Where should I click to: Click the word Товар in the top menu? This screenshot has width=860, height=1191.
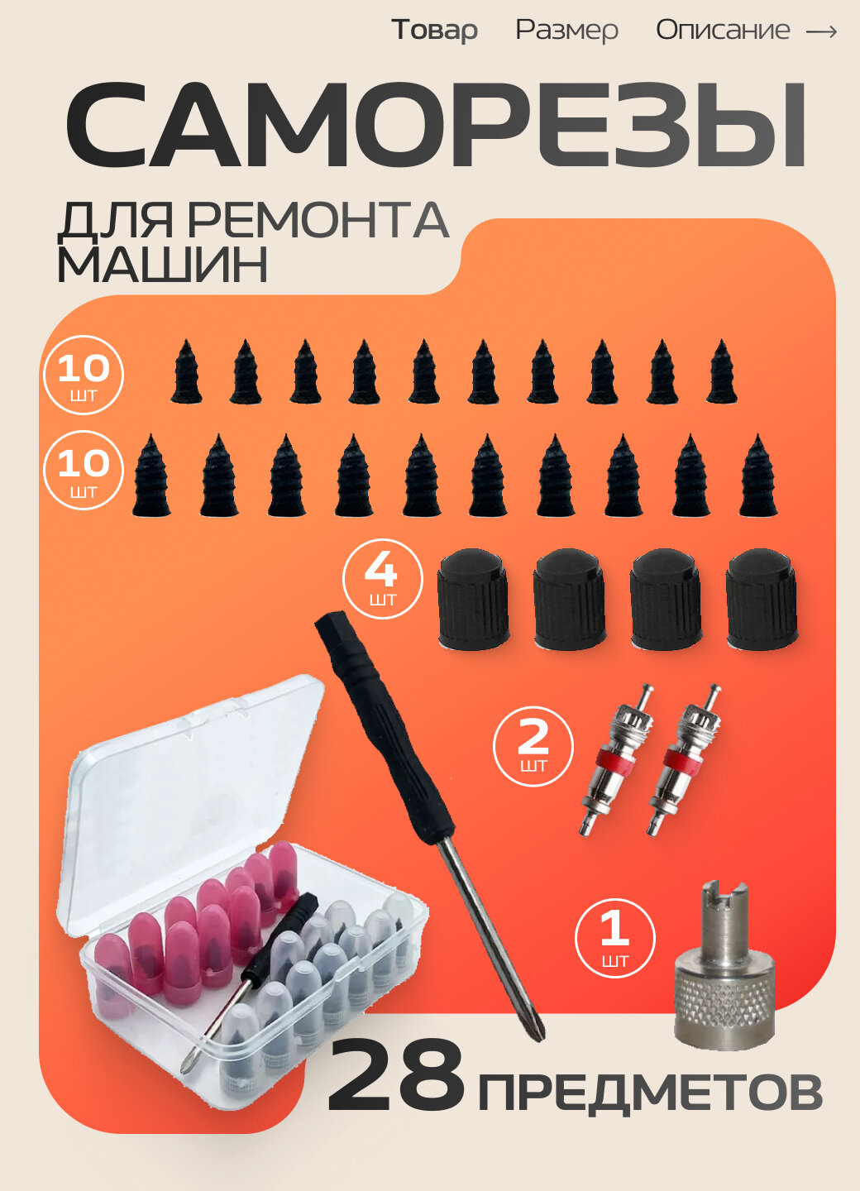[x=434, y=30]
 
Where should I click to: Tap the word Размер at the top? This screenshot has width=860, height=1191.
[x=566, y=30]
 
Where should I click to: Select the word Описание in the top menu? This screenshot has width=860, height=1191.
[x=723, y=30]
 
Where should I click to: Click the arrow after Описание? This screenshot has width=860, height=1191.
[x=821, y=31]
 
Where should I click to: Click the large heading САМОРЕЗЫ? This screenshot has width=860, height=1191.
[x=436, y=127]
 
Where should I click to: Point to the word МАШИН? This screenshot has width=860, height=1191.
[x=162, y=265]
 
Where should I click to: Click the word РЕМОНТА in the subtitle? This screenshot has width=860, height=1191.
[x=318, y=221]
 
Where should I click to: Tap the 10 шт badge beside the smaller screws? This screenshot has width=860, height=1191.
[x=83, y=375]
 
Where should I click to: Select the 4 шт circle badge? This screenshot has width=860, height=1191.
[x=382, y=579]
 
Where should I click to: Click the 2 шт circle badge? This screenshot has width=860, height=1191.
[x=533, y=745]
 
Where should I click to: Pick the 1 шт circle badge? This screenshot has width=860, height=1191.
[x=614, y=938]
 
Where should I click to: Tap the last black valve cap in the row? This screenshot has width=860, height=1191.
[x=762, y=600]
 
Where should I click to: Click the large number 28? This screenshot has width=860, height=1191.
[x=395, y=1077]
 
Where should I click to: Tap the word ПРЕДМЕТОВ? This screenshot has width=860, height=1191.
[x=650, y=1093]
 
